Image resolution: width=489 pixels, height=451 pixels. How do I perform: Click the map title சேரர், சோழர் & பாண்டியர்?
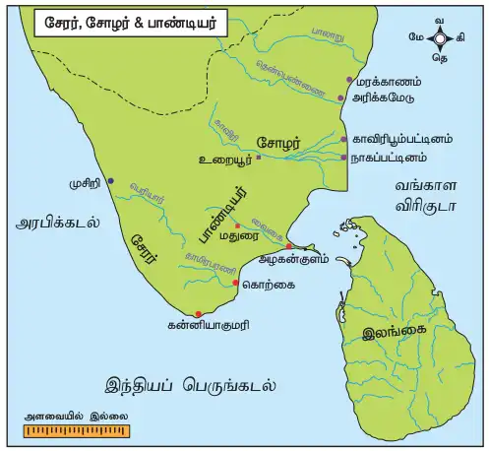(x=115, y=21)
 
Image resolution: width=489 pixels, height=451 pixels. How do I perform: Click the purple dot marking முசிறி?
(x=110, y=181)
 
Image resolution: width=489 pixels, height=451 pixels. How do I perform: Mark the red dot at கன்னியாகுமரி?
(x=199, y=314)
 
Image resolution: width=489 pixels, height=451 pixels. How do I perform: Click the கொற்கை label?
(x=266, y=285)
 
